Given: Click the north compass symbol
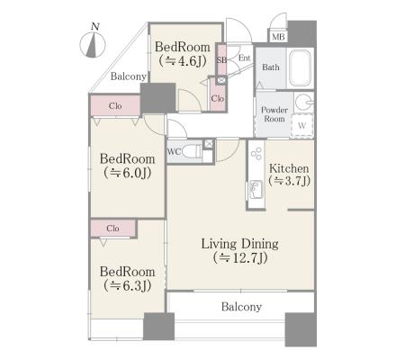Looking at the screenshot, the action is tap(93, 44).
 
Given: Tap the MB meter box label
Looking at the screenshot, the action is tap(278, 37).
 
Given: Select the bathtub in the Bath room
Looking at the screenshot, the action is tap(300, 67).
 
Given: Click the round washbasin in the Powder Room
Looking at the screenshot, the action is tap(302, 102).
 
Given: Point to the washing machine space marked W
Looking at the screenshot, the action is tap(301, 125).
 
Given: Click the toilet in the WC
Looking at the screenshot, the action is tap(192, 151).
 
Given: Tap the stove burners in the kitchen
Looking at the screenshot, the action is tap(256, 154).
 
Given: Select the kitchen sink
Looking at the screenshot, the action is tap(256, 189).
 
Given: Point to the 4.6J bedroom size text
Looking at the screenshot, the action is tap(183, 61).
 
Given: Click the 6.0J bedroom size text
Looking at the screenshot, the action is tap(127, 173).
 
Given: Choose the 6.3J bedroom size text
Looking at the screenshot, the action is tap(127, 285).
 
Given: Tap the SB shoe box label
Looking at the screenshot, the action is tap(221, 60).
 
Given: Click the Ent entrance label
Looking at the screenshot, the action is tap(244, 58).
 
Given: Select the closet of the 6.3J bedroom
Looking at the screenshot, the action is tap(113, 229).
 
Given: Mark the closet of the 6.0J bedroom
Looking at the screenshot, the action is tap(115, 105).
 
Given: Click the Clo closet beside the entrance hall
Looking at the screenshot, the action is tap(218, 98).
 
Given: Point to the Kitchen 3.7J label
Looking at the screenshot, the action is tap(289, 175).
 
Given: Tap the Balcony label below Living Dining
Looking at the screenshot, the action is tap(241, 307).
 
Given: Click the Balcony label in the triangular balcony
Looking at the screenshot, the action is tap(129, 76).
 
